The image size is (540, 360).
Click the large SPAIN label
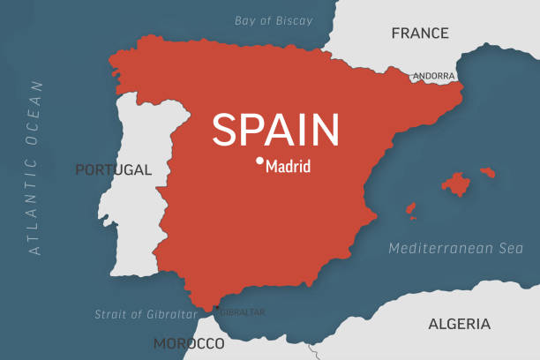[x=275, y=130]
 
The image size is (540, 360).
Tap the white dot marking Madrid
[x=259, y=161]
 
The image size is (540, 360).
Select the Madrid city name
[x=288, y=165]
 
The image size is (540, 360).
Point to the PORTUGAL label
[x=113, y=169]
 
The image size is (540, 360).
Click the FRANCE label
[x=420, y=34]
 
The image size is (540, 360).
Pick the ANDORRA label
[x=434, y=77]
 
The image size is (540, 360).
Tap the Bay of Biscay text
[x=274, y=20]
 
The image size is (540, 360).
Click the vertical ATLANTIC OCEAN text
[x=36, y=168]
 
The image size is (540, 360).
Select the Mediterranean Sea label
[x=456, y=249]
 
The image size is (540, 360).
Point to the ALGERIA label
[x=459, y=324]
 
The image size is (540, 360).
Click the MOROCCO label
[x=189, y=342]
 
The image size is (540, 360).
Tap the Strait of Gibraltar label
[x=146, y=314]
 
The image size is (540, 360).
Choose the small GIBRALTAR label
[x=241, y=312]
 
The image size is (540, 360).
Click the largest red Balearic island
[x=455, y=184]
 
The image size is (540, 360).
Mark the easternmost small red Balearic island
[x=486, y=172]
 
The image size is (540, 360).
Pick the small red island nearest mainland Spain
[x=410, y=210]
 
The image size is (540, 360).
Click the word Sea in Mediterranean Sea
[x=508, y=249]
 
